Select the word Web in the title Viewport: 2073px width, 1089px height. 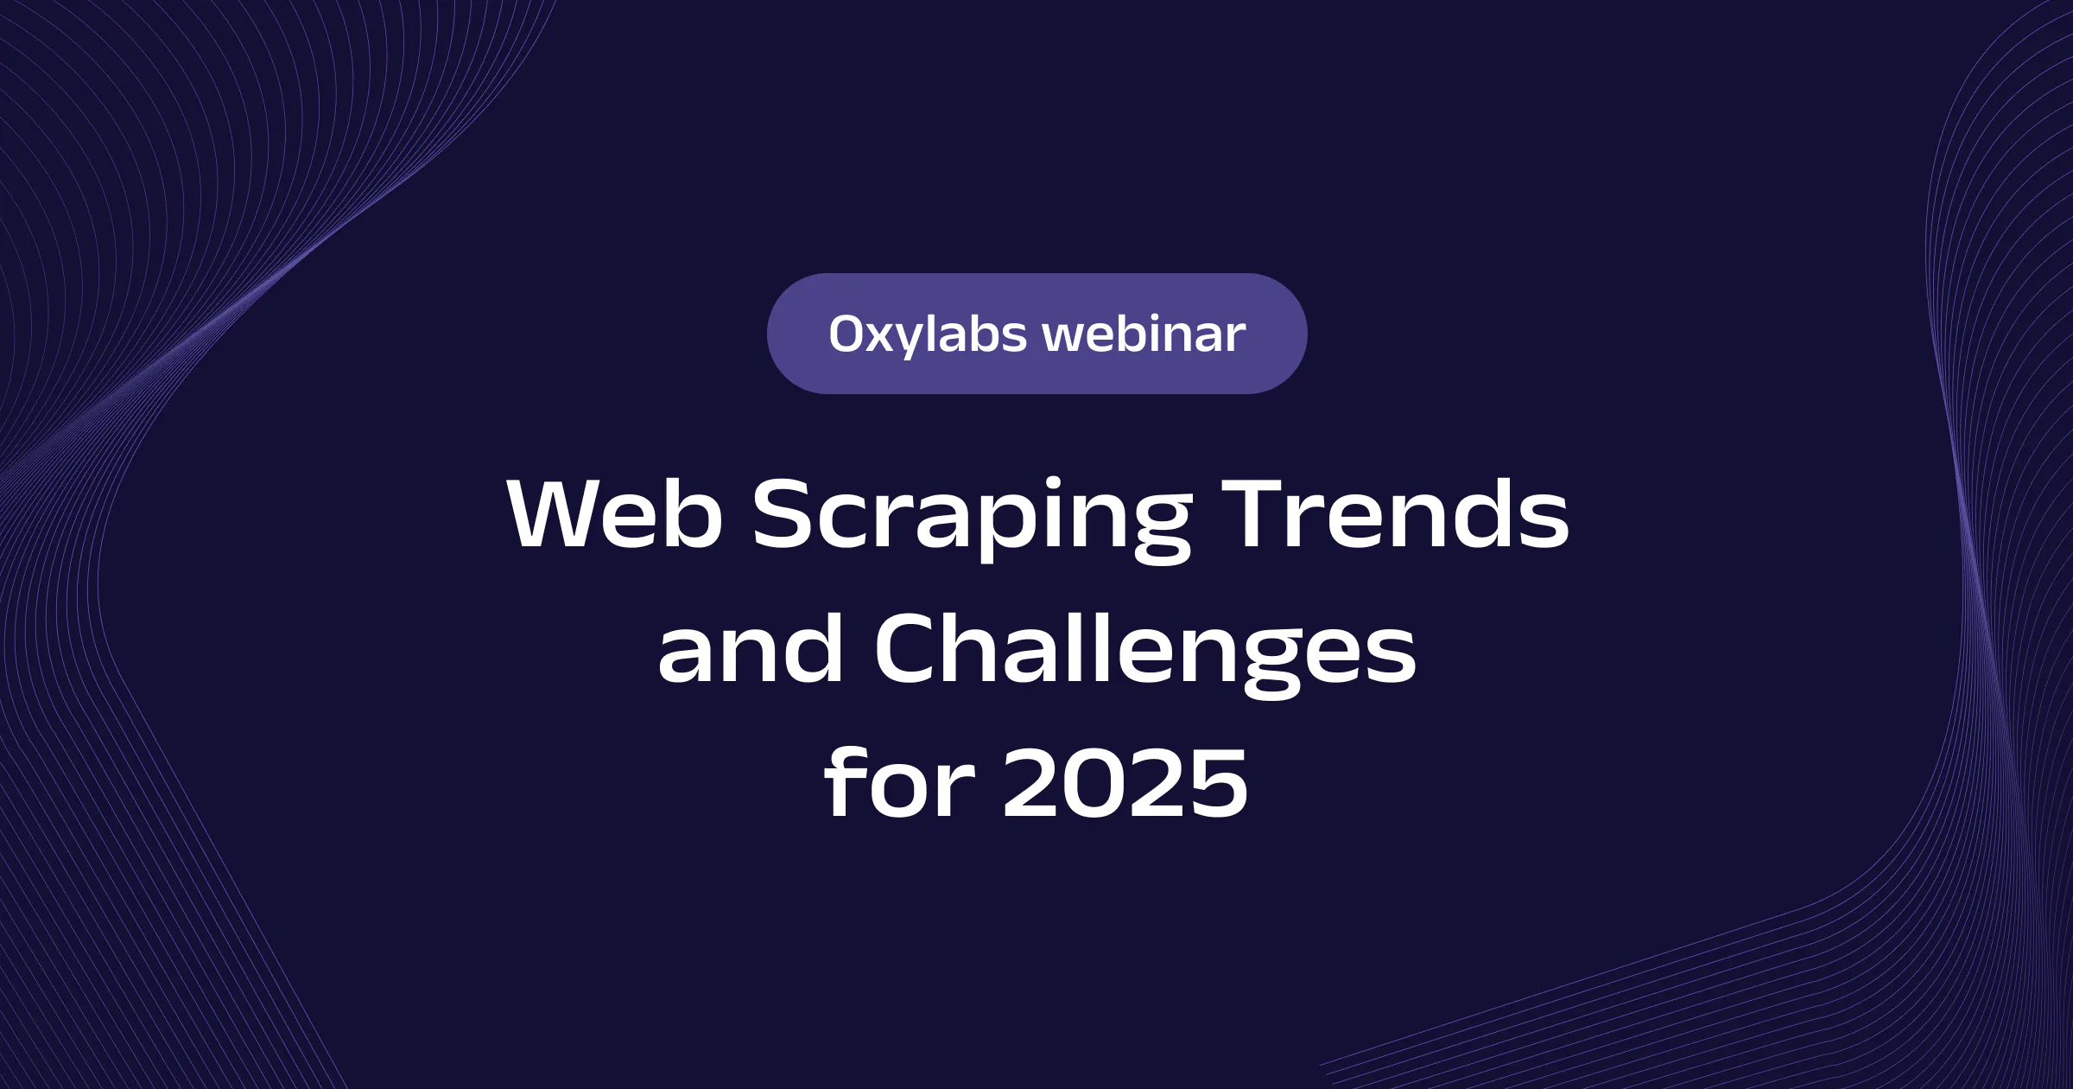615,513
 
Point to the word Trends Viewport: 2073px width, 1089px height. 1395,513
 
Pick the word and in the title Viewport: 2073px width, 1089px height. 751,648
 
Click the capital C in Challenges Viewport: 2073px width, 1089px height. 911,649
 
